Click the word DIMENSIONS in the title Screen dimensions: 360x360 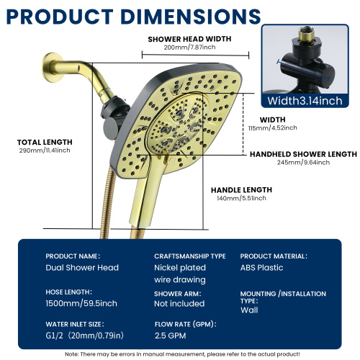[x=191, y=17]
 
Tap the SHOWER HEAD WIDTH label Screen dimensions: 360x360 [x=189, y=39]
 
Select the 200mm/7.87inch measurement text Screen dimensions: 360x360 [x=189, y=47]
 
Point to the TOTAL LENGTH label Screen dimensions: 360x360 [x=45, y=142]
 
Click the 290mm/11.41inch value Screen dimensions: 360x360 [x=45, y=150]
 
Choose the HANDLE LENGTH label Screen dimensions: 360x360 [x=241, y=190]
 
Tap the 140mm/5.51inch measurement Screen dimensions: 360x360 [x=241, y=198]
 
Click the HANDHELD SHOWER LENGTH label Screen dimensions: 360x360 [x=303, y=154]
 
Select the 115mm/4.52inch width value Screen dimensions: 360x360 [x=273, y=127]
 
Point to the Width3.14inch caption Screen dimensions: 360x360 [x=305, y=101]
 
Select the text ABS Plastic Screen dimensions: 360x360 [x=261, y=268]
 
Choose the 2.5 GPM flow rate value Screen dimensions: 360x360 [x=170, y=336]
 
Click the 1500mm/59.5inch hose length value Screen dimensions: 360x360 [x=81, y=303]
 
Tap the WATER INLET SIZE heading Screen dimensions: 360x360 [x=75, y=324]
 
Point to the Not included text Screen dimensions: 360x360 [x=179, y=304]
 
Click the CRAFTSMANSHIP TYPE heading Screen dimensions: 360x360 [x=190, y=256]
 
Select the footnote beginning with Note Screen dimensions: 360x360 [x=182, y=354]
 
